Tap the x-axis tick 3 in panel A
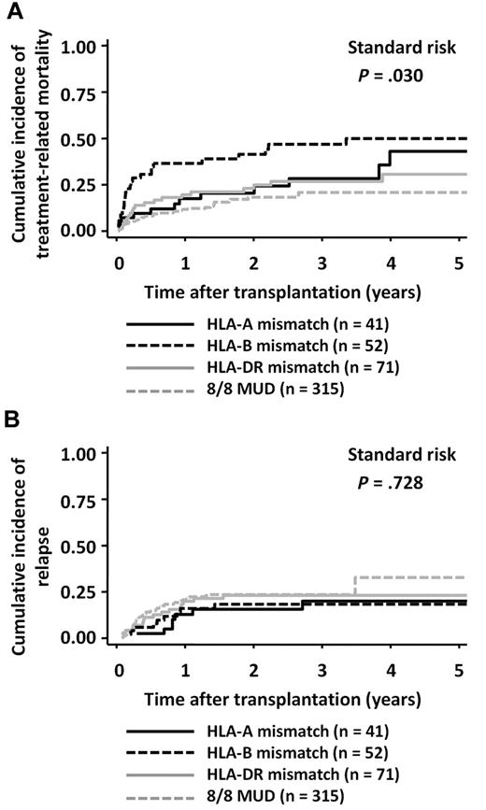click(x=322, y=263)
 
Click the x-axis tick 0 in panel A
click(x=118, y=263)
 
